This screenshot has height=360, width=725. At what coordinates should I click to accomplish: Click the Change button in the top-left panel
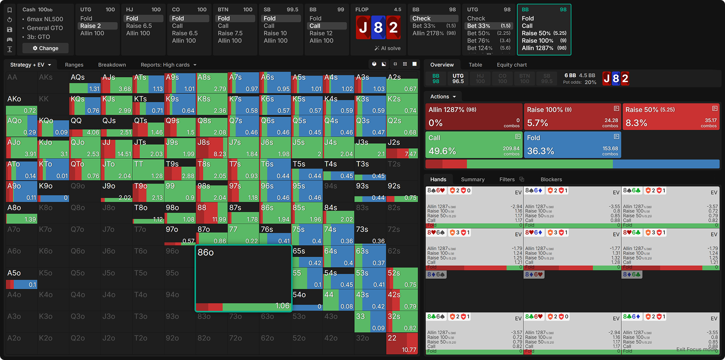pos(46,48)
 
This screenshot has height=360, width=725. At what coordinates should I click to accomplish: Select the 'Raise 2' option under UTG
pos(91,26)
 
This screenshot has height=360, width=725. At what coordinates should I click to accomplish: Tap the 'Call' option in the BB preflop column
pos(315,26)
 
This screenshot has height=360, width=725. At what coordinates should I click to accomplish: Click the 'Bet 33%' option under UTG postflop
pos(478,26)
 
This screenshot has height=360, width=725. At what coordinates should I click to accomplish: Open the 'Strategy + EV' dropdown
pos(30,65)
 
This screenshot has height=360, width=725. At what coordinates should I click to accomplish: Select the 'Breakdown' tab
pos(112,65)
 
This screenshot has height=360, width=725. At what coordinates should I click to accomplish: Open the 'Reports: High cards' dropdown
pos(168,65)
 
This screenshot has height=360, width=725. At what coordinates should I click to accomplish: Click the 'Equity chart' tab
pos(512,65)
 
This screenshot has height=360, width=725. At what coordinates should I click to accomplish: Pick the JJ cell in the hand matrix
pos(116,148)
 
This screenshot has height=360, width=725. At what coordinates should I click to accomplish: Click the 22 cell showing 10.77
pos(402,343)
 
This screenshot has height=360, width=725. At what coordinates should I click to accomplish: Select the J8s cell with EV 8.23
pos(212,148)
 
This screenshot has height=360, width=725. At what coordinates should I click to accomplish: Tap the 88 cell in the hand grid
pos(212,213)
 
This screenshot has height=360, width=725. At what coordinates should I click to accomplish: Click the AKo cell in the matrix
pos(21,104)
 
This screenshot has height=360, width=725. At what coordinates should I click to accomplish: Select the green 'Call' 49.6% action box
pos(474,145)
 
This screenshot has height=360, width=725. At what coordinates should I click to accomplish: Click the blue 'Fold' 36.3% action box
pos(572,145)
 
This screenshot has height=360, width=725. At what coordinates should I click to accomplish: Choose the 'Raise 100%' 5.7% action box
pos(572,117)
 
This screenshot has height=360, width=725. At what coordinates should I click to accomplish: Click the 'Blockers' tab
pos(551,180)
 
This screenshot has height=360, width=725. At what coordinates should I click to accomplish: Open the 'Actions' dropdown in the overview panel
pos(443,97)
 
